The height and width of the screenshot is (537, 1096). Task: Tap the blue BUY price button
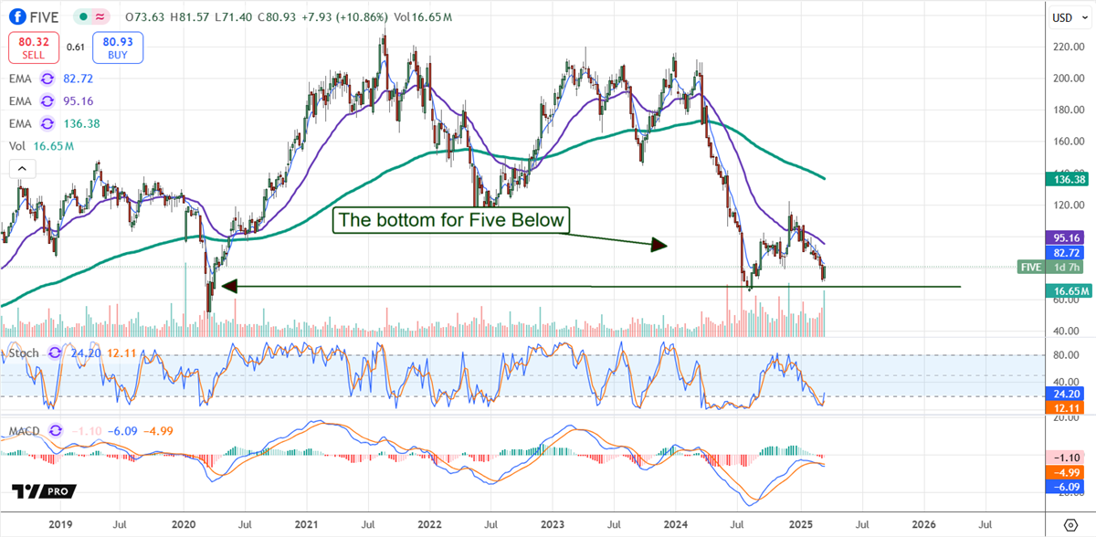pos(117,47)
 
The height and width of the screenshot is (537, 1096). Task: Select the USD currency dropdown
pos(1063,17)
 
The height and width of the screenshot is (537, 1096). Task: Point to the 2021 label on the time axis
pos(307,524)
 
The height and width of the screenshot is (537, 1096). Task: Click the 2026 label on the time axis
pos(923,524)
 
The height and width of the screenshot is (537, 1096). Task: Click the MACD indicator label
pos(24,431)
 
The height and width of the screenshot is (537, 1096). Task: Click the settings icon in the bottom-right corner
pos(1070,524)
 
